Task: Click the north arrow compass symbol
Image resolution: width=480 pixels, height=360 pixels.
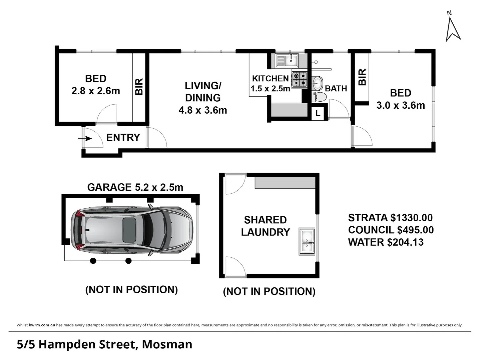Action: [x=453, y=29]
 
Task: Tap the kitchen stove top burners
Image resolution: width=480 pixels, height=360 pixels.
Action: [x=299, y=80]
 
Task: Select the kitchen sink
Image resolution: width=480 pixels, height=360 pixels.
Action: [x=287, y=60]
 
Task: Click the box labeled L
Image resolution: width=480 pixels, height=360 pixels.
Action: [x=318, y=113]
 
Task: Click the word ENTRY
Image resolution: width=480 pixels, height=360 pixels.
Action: [x=123, y=137]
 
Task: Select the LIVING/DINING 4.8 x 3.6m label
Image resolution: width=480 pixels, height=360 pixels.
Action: [x=203, y=98]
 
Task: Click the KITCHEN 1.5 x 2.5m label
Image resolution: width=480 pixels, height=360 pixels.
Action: [x=270, y=83]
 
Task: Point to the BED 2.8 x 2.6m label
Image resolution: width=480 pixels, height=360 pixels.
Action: [x=96, y=85]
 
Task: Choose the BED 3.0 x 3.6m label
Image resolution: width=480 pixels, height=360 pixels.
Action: [x=401, y=99]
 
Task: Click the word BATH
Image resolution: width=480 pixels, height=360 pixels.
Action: [x=336, y=89]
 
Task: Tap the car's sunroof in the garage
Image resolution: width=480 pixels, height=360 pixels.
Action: [x=129, y=230]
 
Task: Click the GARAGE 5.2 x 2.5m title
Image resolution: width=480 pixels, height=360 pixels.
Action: [x=135, y=187]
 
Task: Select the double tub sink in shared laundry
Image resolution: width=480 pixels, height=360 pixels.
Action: [x=307, y=242]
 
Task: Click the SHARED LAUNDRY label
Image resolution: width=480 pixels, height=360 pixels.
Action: [x=266, y=226]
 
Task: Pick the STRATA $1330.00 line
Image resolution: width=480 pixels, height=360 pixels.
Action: [x=390, y=218]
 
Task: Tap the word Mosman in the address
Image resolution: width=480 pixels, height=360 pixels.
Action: [x=167, y=344]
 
